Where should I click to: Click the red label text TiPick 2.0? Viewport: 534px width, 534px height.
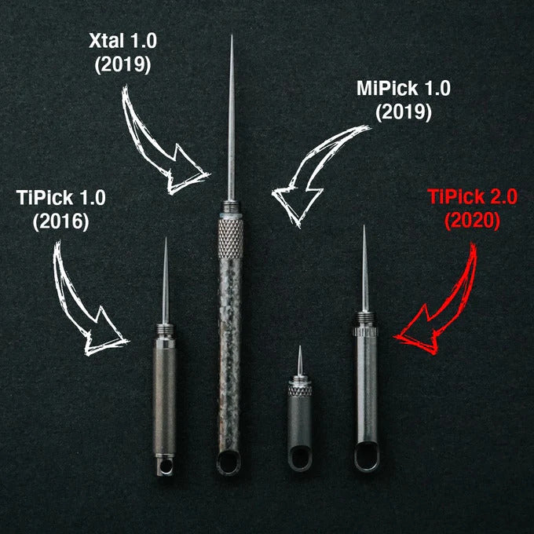(x=472, y=196)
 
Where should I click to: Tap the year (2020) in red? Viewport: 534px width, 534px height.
(x=472, y=221)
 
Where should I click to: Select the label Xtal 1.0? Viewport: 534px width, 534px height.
(x=123, y=41)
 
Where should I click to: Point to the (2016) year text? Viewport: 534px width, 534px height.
(x=61, y=221)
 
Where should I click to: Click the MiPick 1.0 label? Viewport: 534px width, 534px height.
(x=404, y=88)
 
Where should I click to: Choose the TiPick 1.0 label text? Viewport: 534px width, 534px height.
(x=61, y=197)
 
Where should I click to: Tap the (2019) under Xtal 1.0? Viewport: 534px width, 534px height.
(x=123, y=64)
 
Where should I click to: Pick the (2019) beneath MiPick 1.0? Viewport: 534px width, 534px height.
(x=404, y=112)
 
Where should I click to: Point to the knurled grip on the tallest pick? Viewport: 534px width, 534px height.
(x=230, y=239)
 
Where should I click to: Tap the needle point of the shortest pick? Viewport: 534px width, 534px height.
(x=300, y=346)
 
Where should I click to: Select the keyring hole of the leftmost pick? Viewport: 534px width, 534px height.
(x=165, y=466)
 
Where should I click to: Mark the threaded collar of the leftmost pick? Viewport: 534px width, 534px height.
(x=165, y=330)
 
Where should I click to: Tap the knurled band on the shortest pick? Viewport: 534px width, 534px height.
(x=300, y=390)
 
